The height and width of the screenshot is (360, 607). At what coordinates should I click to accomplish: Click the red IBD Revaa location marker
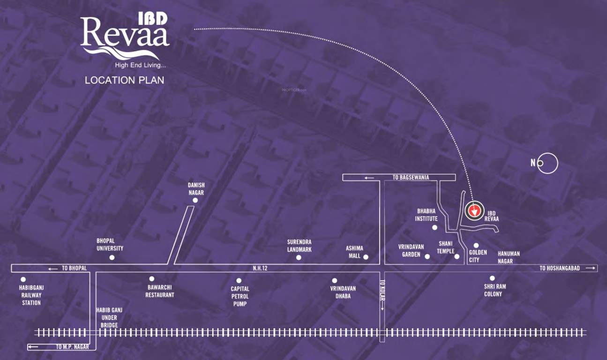(x=474, y=211)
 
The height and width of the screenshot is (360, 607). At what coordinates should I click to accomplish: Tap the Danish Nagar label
(x=196, y=189)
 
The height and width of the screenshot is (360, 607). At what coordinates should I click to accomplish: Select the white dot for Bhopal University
(x=112, y=257)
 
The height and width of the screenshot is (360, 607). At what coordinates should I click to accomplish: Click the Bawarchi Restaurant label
(x=159, y=291)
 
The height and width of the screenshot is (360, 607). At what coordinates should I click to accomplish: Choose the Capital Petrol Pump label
(x=240, y=296)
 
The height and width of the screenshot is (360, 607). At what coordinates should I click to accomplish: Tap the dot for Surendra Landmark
(x=299, y=257)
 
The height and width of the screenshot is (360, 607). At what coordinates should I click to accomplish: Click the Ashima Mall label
(x=354, y=252)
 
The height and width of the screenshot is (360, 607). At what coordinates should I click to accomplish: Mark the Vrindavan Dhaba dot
(x=334, y=280)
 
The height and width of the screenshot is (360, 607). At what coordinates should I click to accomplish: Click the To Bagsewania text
(x=411, y=177)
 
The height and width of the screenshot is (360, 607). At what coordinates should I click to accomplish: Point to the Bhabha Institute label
(x=426, y=215)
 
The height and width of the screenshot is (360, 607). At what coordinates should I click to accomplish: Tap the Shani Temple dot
(x=457, y=256)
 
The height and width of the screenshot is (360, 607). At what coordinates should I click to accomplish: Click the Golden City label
(x=478, y=256)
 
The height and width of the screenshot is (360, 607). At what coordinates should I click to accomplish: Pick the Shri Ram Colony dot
(x=492, y=278)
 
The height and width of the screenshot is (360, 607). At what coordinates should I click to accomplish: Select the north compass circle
(x=547, y=163)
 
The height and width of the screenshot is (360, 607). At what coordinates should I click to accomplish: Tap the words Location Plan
(x=124, y=80)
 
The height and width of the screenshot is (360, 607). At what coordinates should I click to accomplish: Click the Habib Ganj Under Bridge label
(x=106, y=317)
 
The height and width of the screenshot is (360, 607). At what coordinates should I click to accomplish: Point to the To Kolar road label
(x=382, y=295)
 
